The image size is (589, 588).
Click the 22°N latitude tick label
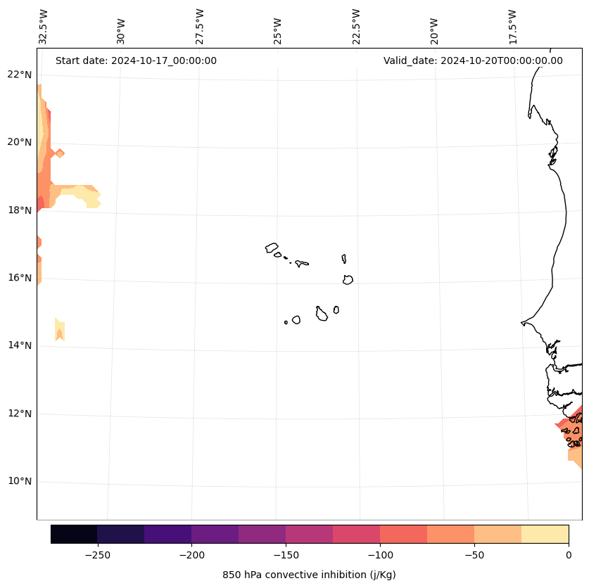pos(20,75)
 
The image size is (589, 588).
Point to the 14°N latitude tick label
pos(20,345)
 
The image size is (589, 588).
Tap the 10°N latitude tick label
pos(20,481)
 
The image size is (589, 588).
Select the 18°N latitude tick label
pos(20,210)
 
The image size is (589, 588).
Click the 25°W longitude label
pos(278,27)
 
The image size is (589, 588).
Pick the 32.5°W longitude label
pos(43,27)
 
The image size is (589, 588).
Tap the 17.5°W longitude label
pos(513,27)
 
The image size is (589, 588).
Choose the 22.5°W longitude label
pos(356,27)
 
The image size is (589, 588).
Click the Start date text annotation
pos(136,60)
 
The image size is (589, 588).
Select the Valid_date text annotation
pos(473,60)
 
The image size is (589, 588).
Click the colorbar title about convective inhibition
pos(309,575)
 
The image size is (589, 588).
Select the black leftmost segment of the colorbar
pos(74,534)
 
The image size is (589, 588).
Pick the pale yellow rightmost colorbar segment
pos(545,534)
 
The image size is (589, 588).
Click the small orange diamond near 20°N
pos(60,153)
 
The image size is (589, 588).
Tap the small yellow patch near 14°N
pos(60,329)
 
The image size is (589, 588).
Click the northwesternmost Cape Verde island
pos(272,248)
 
